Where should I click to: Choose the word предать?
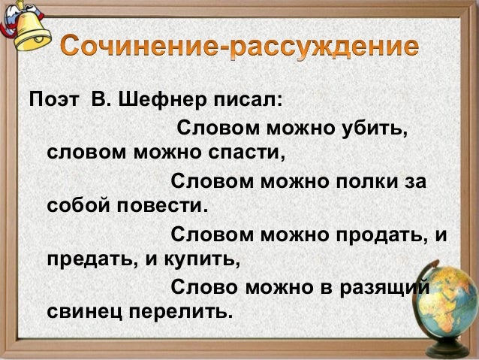coord(87,262)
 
